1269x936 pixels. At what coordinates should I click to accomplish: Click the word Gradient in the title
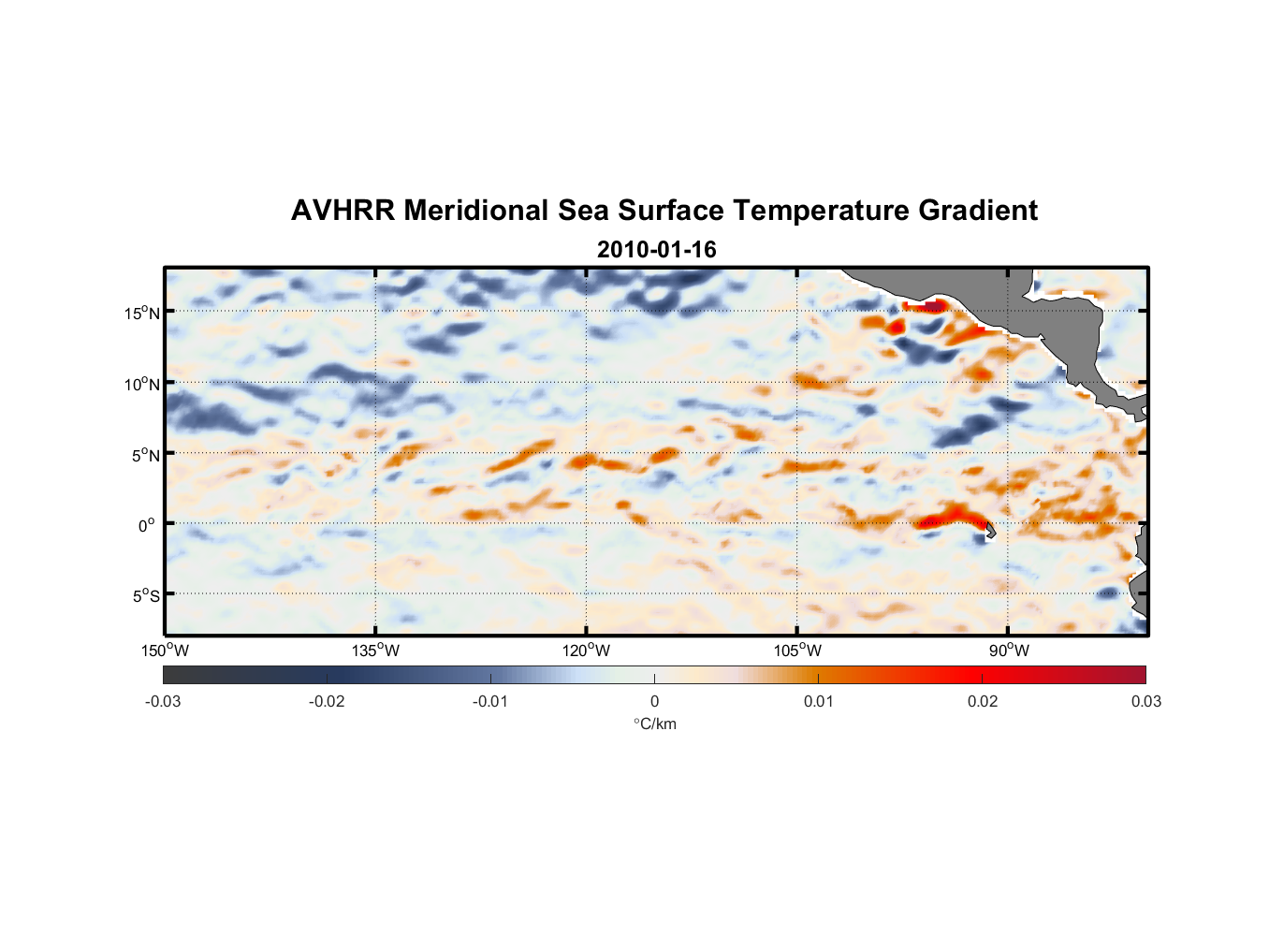pos(977,211)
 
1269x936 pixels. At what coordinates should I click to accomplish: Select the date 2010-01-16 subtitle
pos(656,250)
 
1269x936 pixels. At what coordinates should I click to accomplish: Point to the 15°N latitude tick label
pos(141,313)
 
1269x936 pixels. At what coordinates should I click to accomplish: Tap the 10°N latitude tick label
pos(141,384)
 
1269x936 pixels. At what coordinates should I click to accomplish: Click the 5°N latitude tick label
pos(144,455)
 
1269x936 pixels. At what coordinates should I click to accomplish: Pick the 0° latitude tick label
pos(147,525)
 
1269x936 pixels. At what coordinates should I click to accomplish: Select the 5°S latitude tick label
pos(144,595)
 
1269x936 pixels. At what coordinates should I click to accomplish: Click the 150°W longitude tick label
pos(165,651)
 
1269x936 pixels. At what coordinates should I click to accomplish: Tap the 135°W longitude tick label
pos(376,651)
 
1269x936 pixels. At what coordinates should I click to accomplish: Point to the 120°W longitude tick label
pos(587,651)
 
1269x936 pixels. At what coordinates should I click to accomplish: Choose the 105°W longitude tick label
pos(797,651)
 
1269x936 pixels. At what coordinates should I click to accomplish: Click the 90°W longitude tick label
pos(1009,651)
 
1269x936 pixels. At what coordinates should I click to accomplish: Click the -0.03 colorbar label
pos(163,702)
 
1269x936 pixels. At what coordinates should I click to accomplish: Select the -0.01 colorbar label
pos(490,702)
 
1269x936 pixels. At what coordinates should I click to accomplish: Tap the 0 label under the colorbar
pos(654,702)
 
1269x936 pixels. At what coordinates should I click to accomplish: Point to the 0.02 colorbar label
pos(982,702)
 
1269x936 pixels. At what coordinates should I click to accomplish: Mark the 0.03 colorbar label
pos(1145,702)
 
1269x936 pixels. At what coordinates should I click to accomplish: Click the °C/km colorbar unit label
pos(654,724)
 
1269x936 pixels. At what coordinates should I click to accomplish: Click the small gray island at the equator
pos(989,530)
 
